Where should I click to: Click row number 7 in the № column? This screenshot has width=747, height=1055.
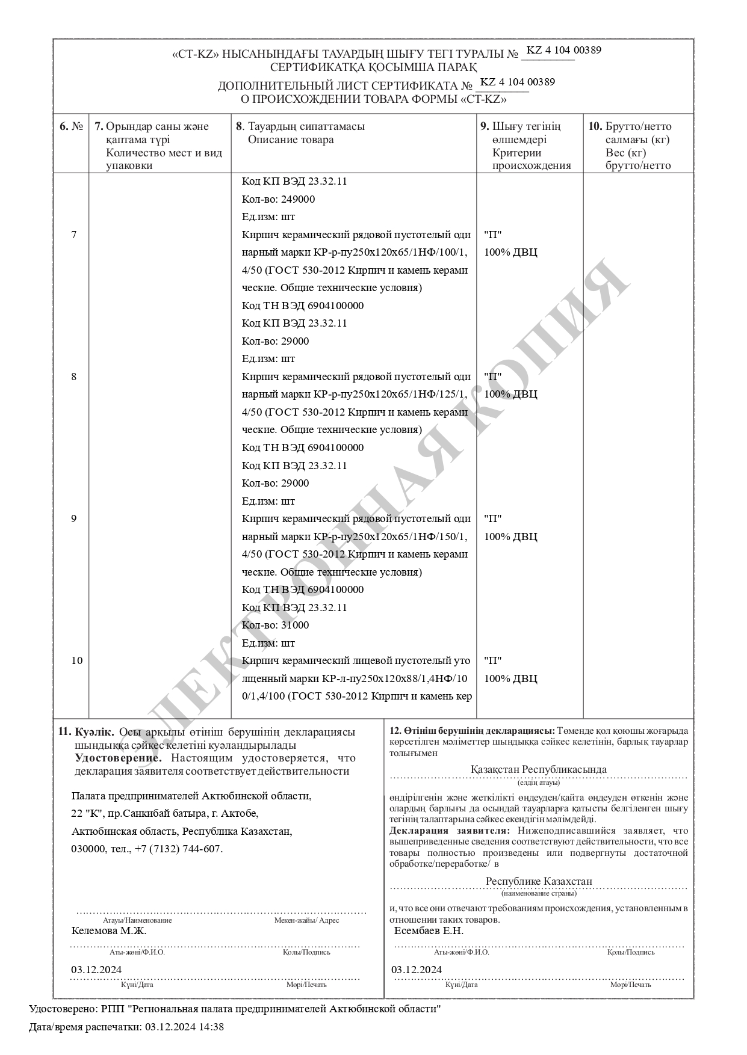(74, 235)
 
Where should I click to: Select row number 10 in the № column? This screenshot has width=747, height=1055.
(76, 661)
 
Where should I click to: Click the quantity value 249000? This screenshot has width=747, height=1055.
(298, 199)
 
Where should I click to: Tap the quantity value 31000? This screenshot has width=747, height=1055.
(295, 626)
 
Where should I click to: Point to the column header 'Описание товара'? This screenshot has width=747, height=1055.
(291, 140)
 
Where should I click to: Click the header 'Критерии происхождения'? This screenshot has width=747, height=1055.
(531, 159)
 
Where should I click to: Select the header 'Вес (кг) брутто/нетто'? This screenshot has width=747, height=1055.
(638, 159)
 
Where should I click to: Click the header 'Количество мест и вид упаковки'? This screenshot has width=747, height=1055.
(164, 159)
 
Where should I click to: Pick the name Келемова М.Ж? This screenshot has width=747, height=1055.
(108, 931)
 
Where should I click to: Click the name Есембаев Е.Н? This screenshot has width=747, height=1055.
(429, 931)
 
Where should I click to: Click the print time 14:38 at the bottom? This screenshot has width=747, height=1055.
(213, 1027)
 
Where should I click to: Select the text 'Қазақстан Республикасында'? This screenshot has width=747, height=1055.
(538, 770)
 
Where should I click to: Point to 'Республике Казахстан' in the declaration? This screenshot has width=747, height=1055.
(539, 881)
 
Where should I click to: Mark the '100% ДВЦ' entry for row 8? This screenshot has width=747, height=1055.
(510, 395)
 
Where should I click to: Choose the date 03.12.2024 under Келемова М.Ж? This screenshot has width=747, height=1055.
(96, 970)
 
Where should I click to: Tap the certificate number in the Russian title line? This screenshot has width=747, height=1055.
(518, 82)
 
